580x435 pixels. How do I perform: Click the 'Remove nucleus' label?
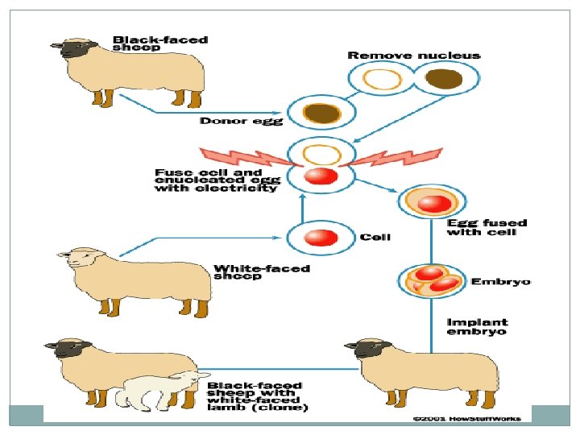click(413, 56)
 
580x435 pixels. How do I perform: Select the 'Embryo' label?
click(499, 281)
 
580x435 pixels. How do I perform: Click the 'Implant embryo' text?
click(477, 326)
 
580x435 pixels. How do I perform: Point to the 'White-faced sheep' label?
click(262, 271)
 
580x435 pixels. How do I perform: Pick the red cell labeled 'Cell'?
click(321, 237)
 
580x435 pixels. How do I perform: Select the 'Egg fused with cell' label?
click(487, 227)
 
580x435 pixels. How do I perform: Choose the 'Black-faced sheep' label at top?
click(160, 43)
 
